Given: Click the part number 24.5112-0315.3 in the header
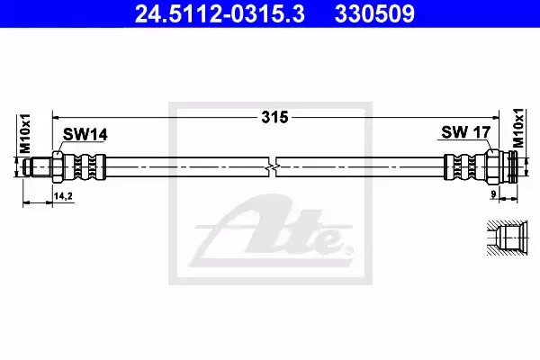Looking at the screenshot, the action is click(220, 14).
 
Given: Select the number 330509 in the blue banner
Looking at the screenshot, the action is click(374, 14).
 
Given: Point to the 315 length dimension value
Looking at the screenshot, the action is click(274, 118).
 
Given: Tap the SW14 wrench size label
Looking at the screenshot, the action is click(85, 135).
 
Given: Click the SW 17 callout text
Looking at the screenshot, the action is click(465, 132).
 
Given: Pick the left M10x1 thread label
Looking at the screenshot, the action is click(25, 133).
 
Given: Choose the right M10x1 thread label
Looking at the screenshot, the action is click(518, 128).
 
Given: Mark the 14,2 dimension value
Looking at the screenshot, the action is click(63, 196).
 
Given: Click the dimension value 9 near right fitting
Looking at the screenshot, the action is click(493, 194).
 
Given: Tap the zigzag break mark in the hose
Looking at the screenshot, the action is click(273, 167).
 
